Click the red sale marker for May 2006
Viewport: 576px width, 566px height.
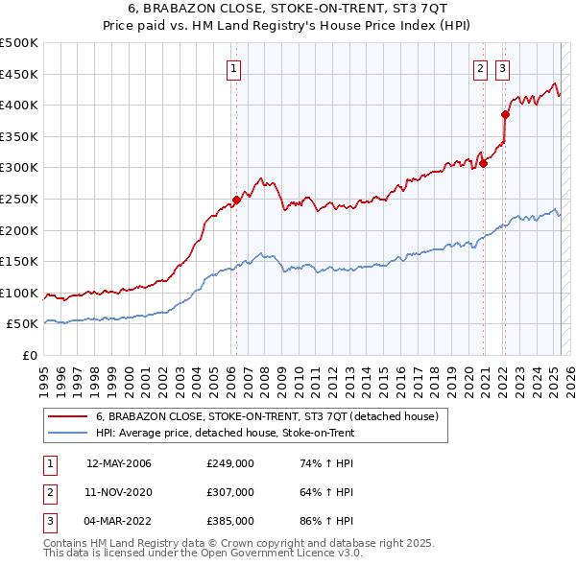click(x=236, y=200)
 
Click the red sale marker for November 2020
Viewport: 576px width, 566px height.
click(x=483, y=163)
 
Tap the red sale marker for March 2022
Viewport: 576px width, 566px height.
click(x=506, y=114)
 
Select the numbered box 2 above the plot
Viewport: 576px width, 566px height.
click(x=480, y=67)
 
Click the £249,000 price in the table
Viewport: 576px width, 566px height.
click(x=229, y=463)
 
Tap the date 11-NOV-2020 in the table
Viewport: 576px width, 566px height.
click(x=119, y=492)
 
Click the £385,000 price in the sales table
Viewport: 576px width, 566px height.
click(x=229, y=521)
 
